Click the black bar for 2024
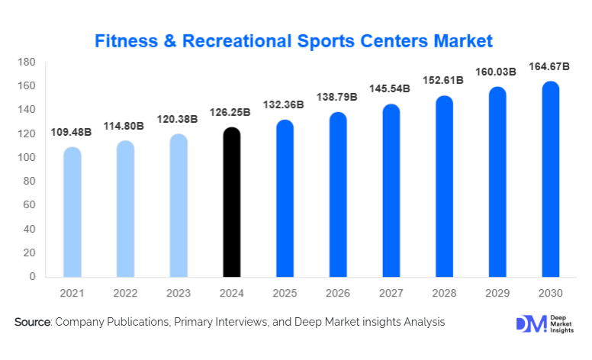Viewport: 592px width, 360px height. [231, 202]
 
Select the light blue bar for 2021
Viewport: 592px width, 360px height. [72, 212]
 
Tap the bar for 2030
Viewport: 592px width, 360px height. [551, 179]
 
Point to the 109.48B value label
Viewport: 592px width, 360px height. [72, 132]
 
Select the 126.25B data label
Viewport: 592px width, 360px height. [231, 112]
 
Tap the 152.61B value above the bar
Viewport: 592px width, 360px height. [444, 80]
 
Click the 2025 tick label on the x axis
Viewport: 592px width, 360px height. [285, 293]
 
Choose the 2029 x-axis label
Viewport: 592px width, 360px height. [497, 293]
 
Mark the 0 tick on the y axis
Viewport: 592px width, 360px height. [32, 277]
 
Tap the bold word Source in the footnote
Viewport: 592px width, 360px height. [32, 323]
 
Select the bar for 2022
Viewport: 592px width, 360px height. [125, 209]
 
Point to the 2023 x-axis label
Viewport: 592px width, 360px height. [179, 293]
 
